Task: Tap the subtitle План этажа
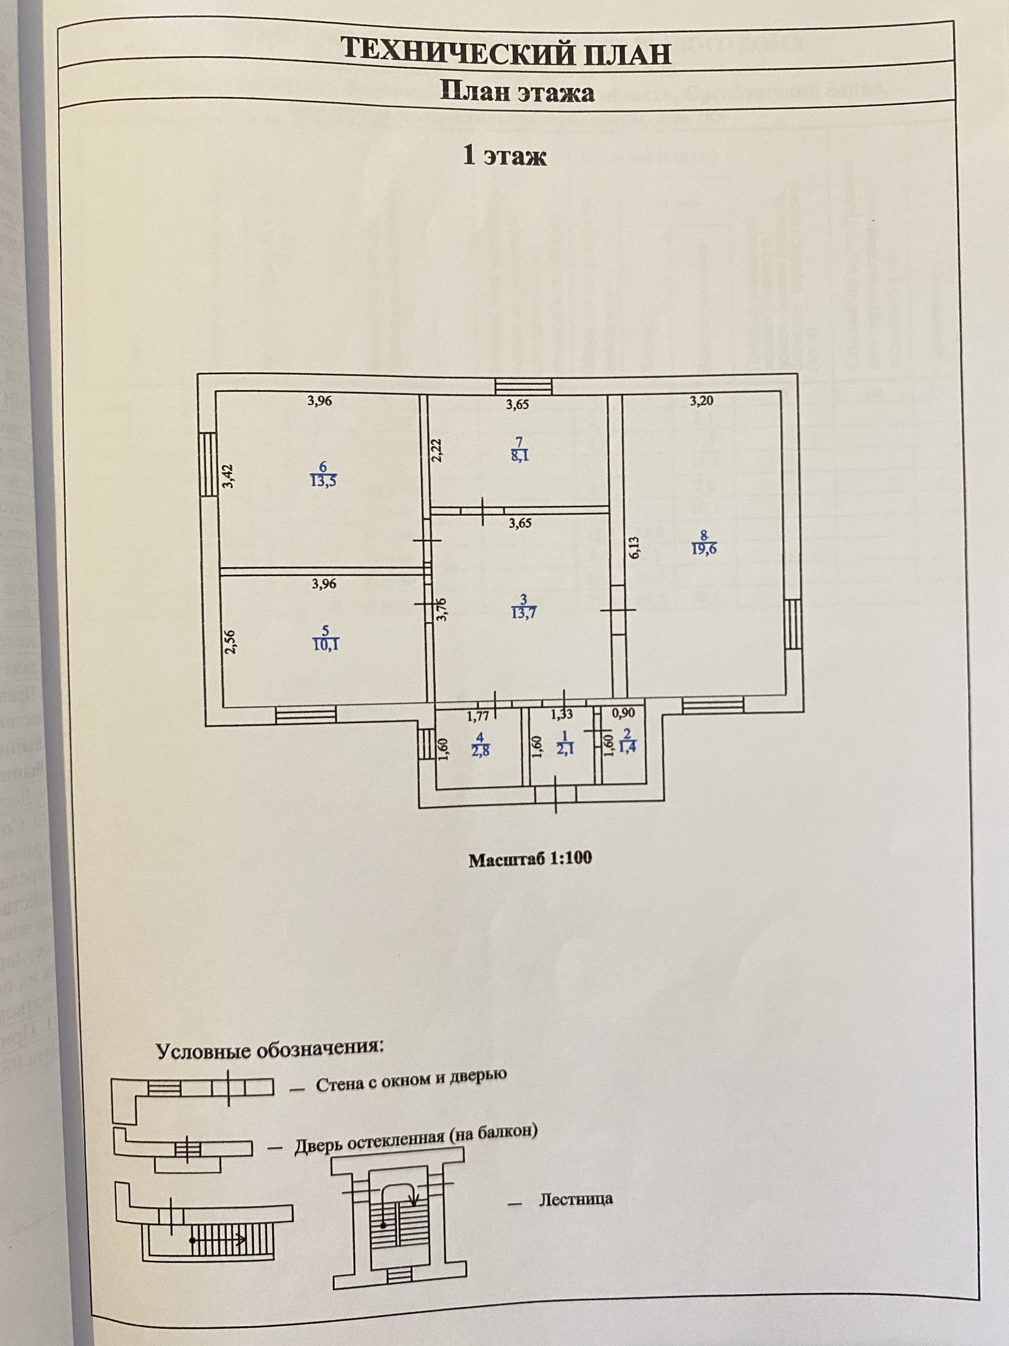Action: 517,93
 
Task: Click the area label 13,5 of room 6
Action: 323,481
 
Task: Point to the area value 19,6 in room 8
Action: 704,548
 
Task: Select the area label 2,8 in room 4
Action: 480,750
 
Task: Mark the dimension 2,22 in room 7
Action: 437,451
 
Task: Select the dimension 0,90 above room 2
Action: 623,713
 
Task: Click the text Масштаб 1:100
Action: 530,859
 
